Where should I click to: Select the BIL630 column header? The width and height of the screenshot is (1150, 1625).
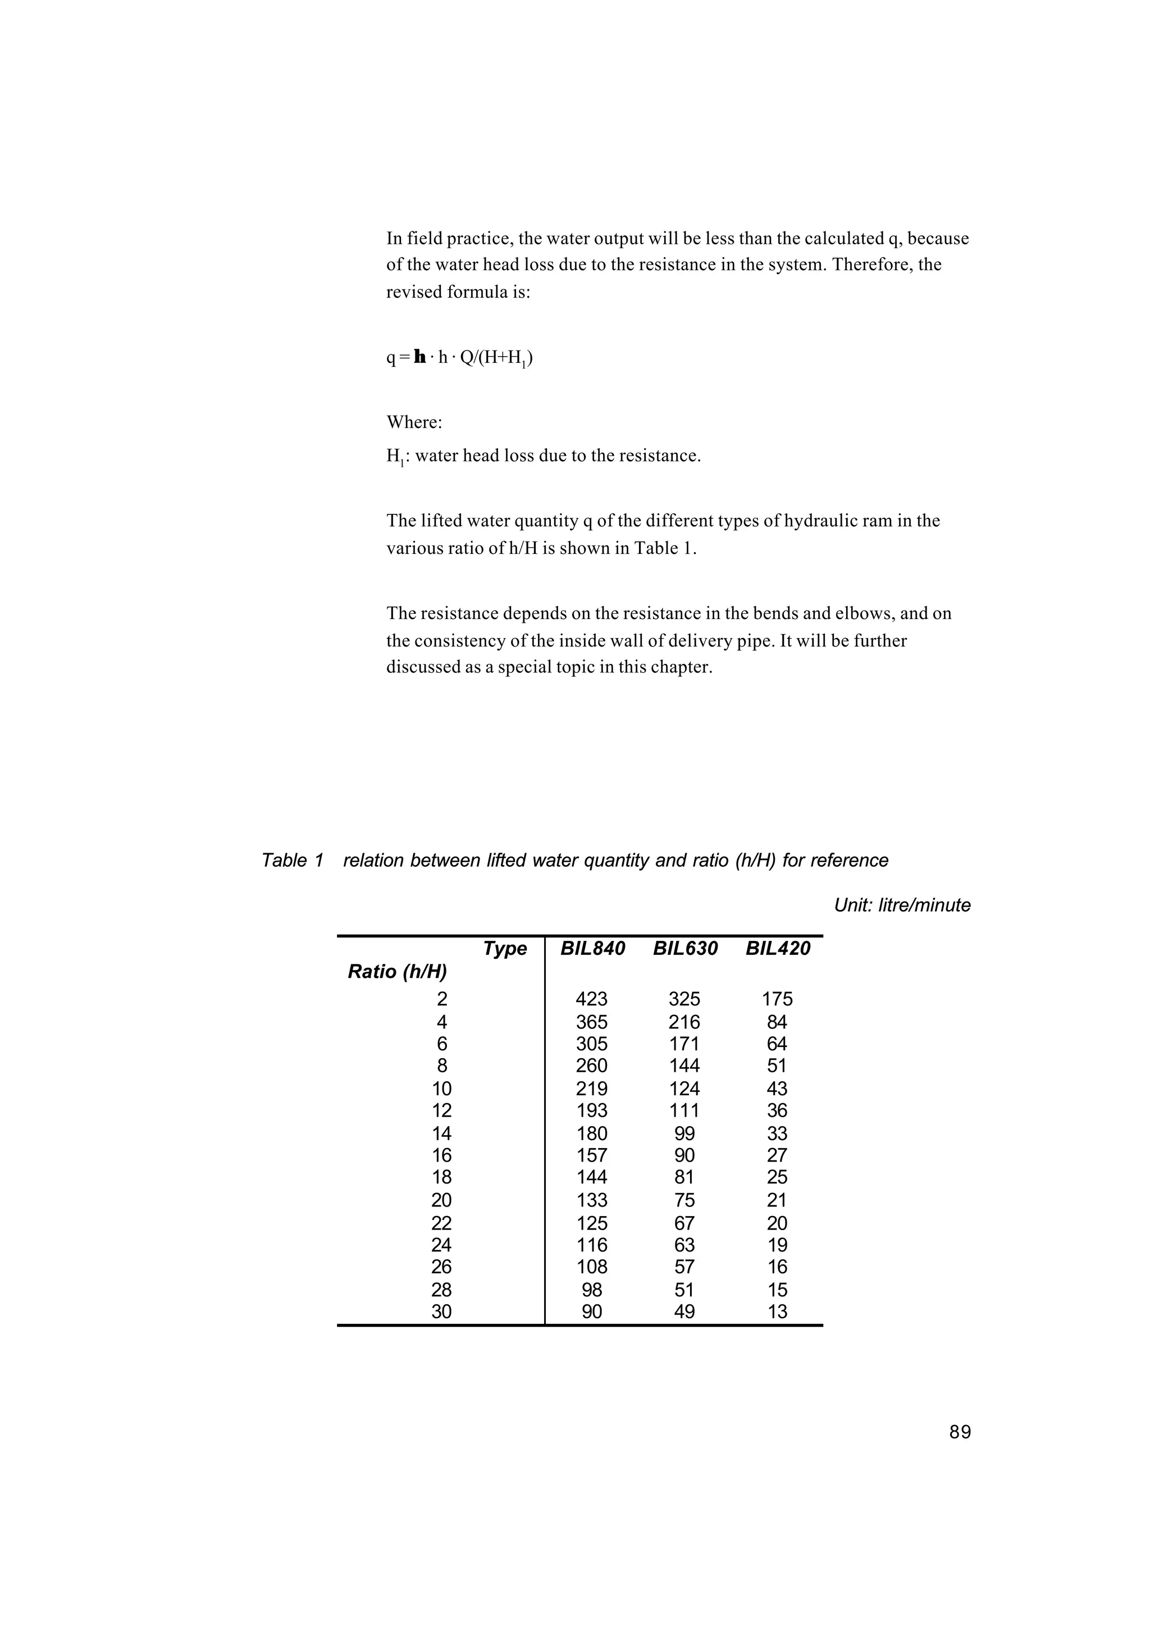click(684, 949)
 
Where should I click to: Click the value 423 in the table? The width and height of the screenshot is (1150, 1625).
click(591, 999)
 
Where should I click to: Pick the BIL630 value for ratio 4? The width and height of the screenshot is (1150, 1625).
click(684, 1022)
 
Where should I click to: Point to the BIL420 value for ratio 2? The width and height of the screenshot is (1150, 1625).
click(777, 999)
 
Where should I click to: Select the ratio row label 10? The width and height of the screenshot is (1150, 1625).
click(441, 1088)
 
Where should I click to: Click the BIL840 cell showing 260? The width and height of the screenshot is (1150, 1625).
click(591, 1066)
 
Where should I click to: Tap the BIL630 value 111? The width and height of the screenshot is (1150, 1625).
click(684, 1110)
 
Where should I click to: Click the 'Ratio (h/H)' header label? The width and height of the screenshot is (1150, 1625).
click(397, 972)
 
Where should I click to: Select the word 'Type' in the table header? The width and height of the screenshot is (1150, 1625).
click(505, 949)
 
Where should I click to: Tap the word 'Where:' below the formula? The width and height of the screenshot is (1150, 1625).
click(414, 422)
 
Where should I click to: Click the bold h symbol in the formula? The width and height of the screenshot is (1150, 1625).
click(420, 358)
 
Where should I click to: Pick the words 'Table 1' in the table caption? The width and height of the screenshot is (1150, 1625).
click(293, 861)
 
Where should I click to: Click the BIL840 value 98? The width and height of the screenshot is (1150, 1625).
click(591, 1289)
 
